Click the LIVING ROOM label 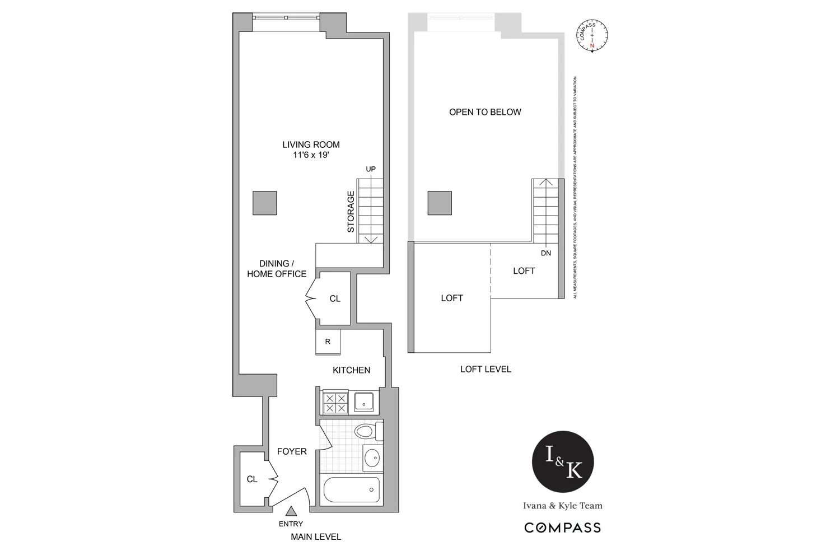click(x=311, y=144)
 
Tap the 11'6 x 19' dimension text click(x=311, y=156)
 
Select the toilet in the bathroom click(x=366, y=431)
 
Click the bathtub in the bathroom click(x=351, y=491)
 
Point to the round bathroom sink click(x=372, y=459)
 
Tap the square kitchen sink click(x=365, y=402)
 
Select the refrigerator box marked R click(x=328, y=342)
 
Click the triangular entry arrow click(x=291, y=511)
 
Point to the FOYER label click(x=292, y=451)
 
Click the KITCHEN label click(x=351, y=370)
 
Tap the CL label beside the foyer click(x=252, y=479)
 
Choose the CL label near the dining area click(x=335, y=299)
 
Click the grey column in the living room click(x=264, y=203)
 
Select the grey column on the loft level click(x=440, y=203)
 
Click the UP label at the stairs click(x=371, y=169)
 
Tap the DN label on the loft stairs click(x=546, y=253)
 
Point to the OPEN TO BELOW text click(x=485, y=112)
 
